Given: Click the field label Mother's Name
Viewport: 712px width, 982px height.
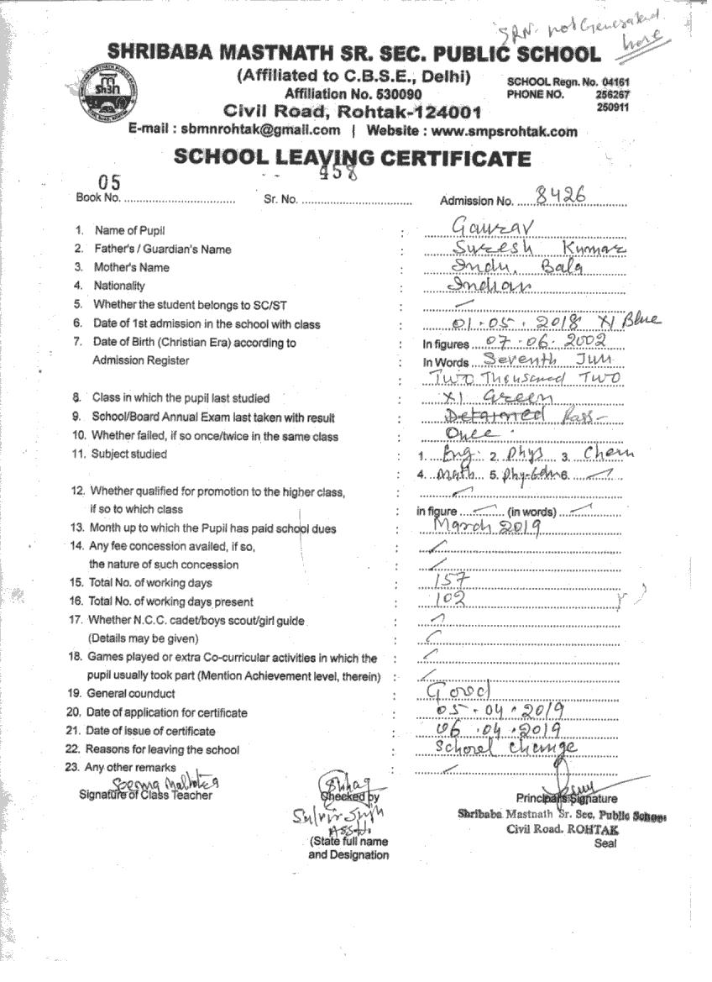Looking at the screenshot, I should click(x=132, y=268).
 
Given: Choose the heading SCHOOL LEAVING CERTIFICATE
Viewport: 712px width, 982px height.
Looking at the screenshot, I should click(x=352, y=159).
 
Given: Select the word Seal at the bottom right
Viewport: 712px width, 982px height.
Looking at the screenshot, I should click(x=605, y=843).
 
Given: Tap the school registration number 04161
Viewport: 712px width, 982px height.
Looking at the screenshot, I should click(x=615, y=82).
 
